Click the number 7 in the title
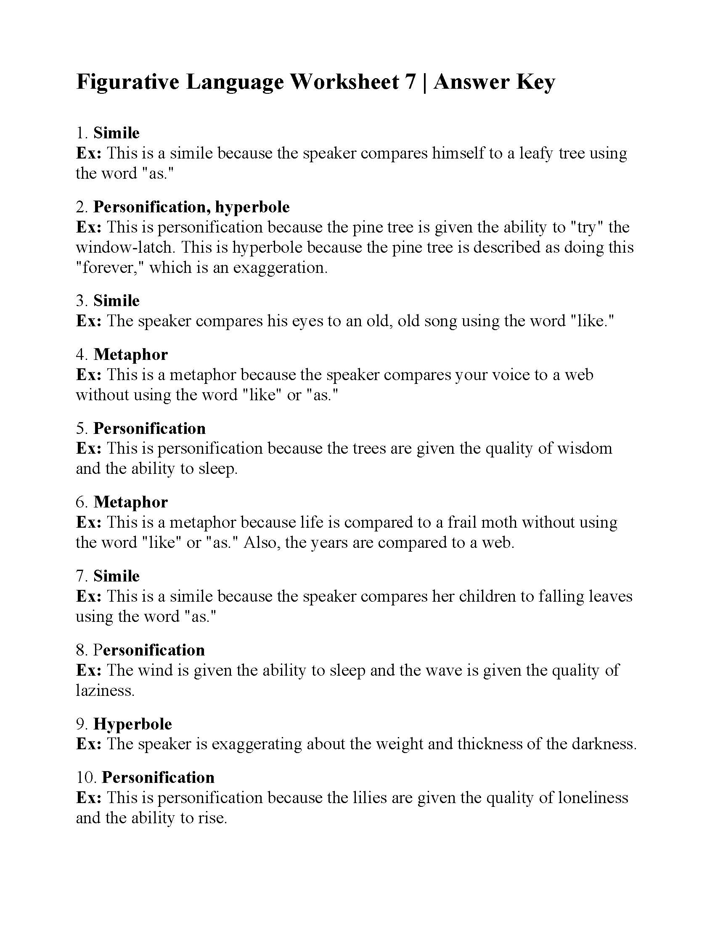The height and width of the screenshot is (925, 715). click(410, 82)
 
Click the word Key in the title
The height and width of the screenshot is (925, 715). click(535, 82)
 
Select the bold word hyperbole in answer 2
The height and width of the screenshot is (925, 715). click(252, 207)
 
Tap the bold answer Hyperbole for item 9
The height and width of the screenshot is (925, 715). click(132, 724)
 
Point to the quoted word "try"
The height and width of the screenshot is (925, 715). click(587, 227)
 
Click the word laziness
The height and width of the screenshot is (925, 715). click(105, 691)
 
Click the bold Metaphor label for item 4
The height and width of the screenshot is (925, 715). click(130, 354)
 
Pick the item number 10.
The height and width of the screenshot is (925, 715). click(86, 777)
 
